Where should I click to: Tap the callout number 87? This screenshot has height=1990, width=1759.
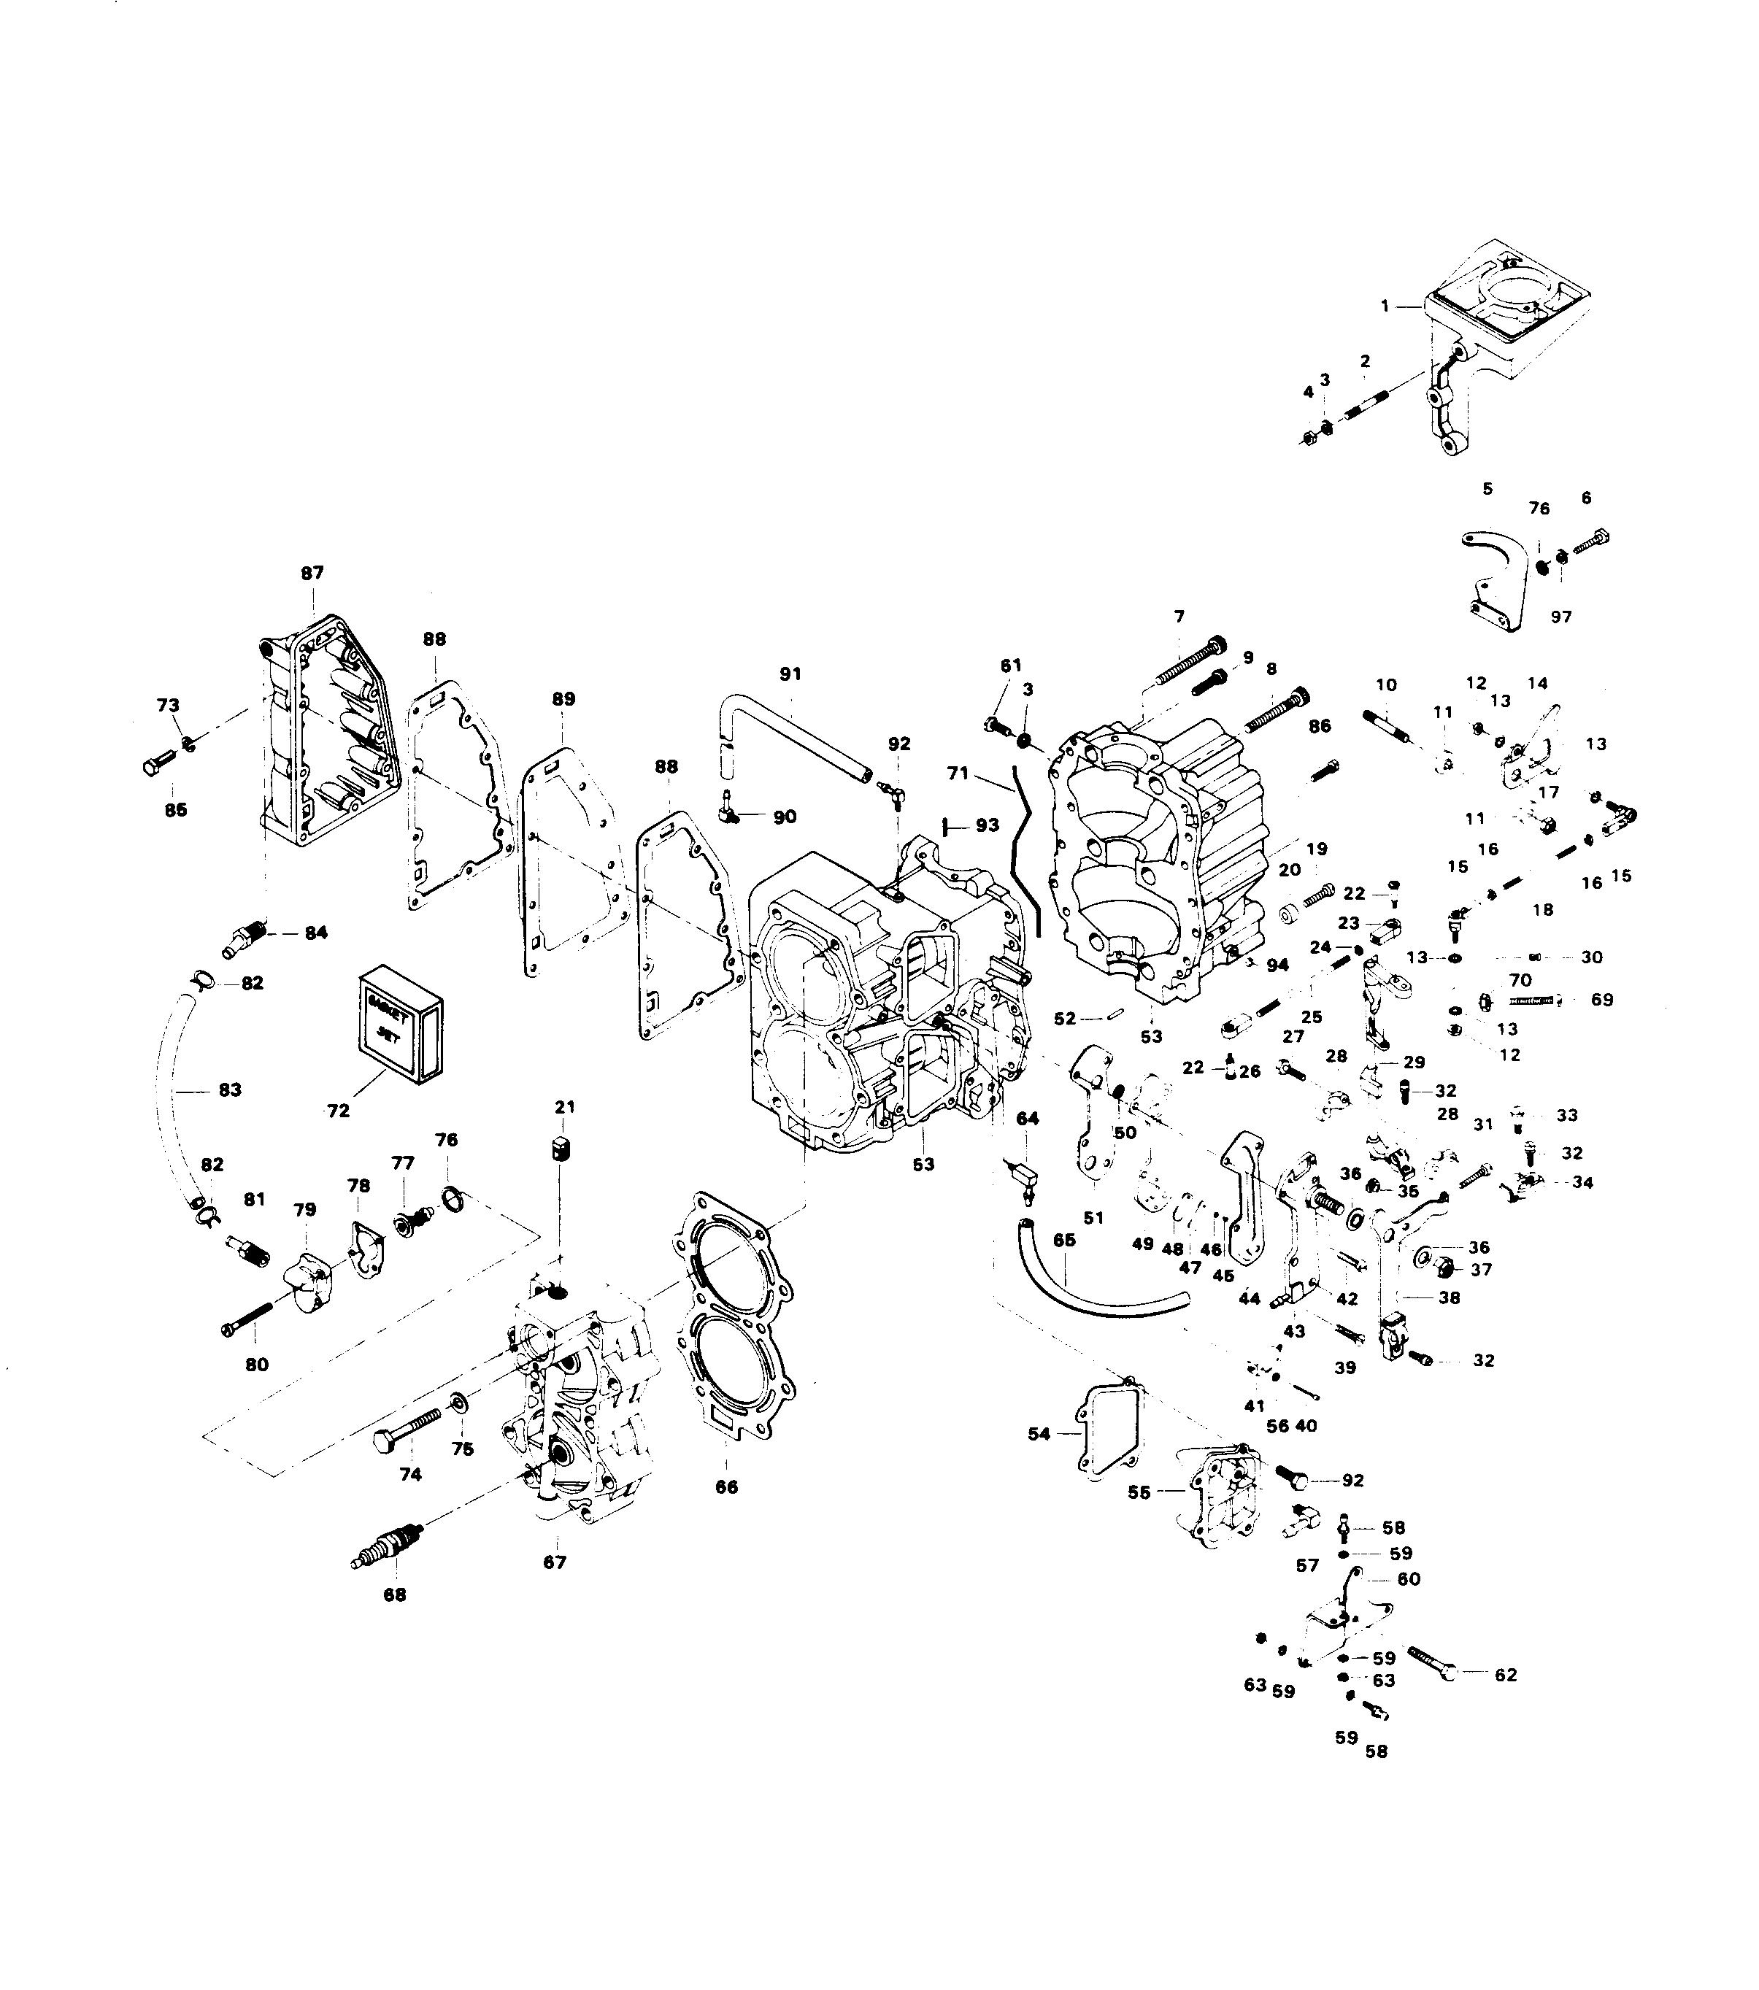(x=312, y=574)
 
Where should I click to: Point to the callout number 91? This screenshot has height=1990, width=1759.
(x=790, y=674)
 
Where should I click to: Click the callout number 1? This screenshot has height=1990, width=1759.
(x=1384, y=306)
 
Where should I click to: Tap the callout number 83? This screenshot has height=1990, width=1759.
(x=230, y=1090)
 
